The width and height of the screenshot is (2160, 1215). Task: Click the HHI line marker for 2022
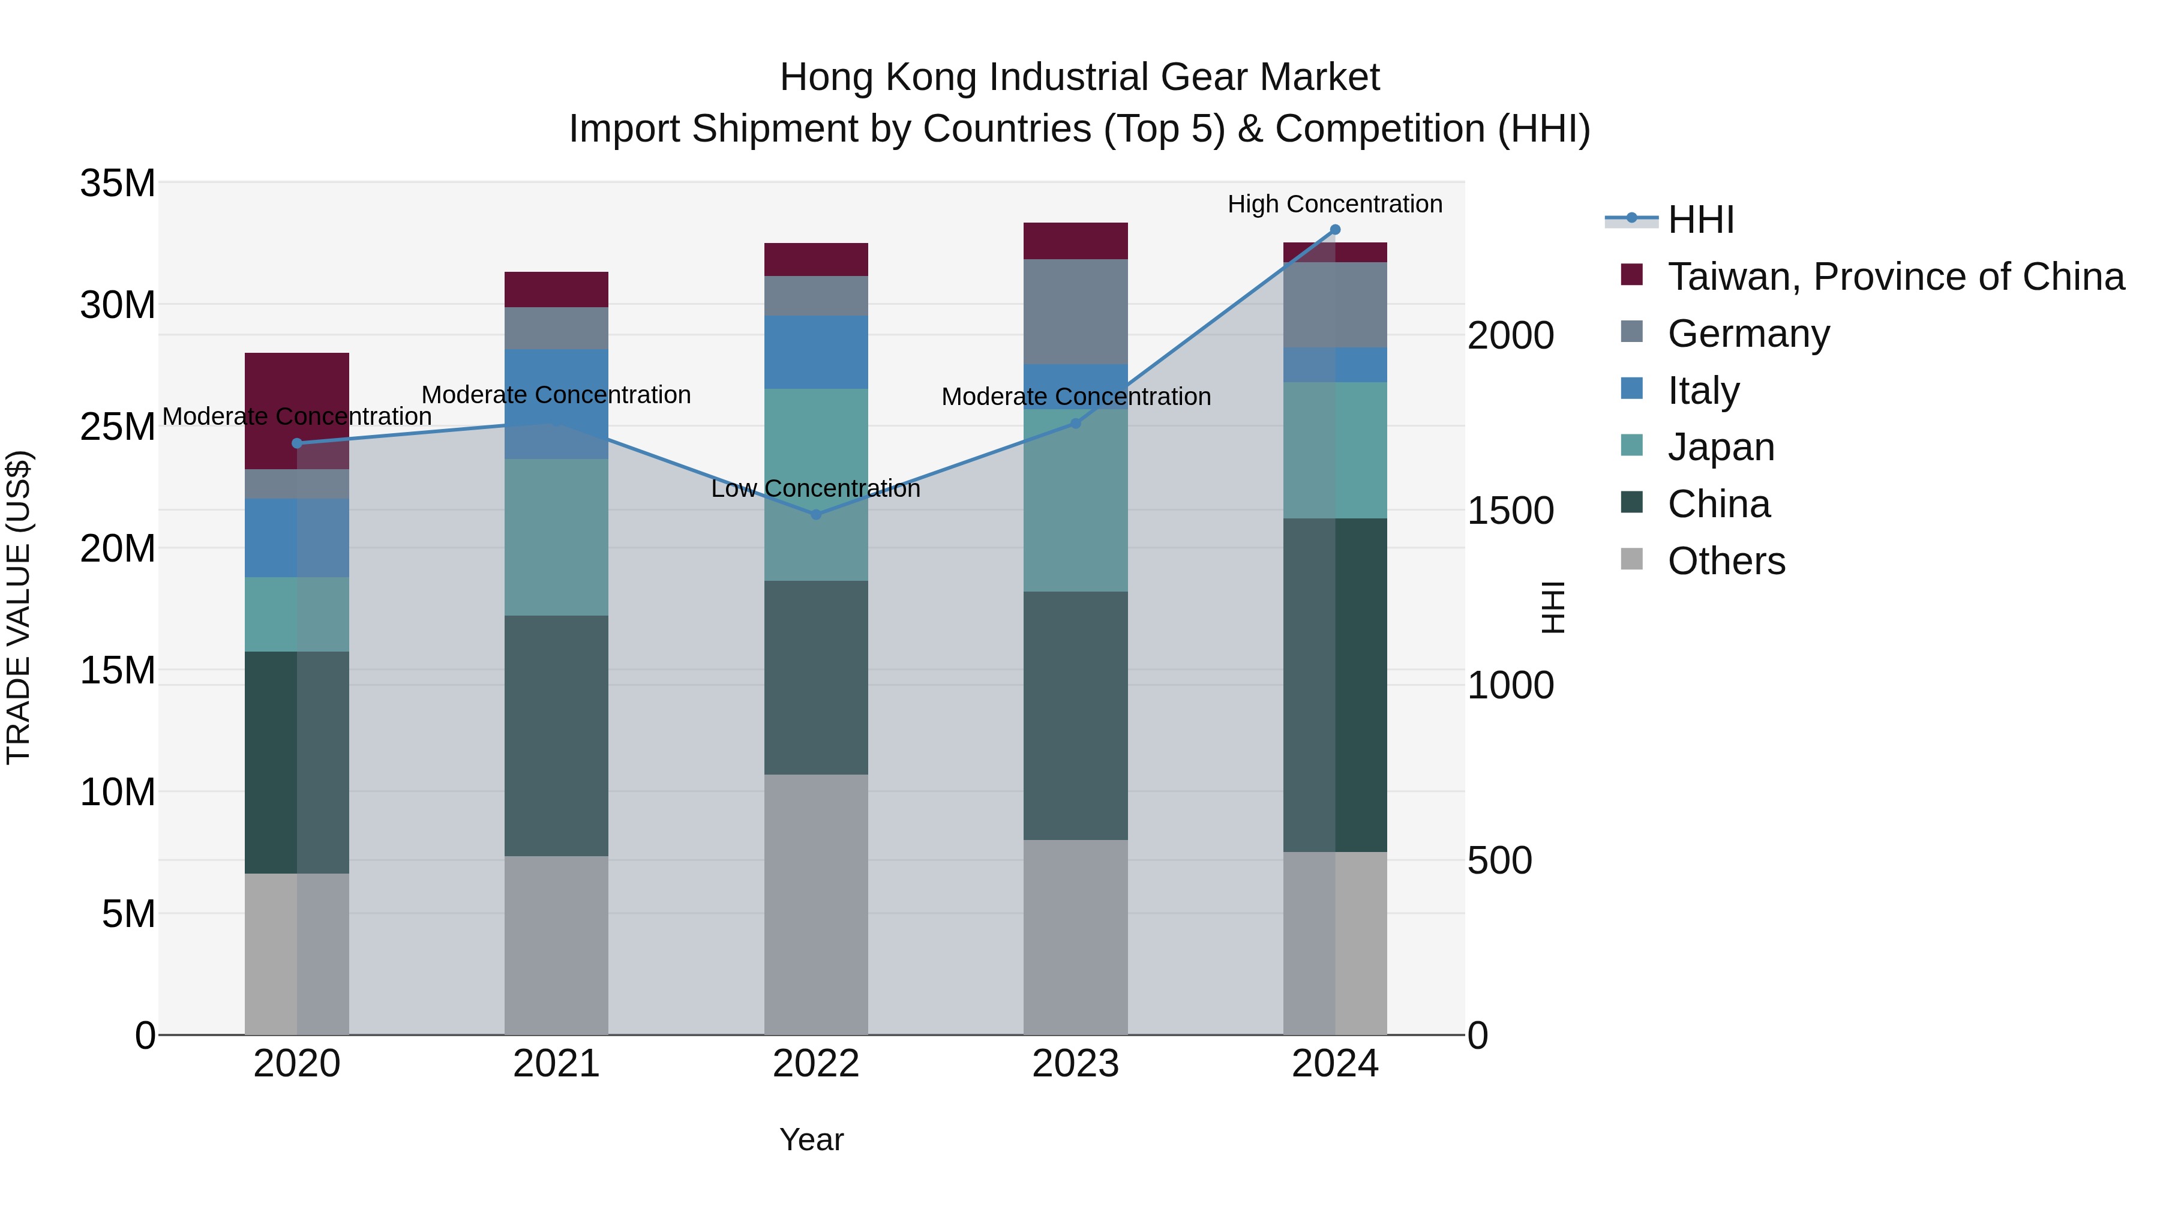point(816,514)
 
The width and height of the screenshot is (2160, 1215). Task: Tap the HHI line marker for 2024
point(1335,230)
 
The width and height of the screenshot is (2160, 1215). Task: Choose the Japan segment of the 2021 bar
point(556,536)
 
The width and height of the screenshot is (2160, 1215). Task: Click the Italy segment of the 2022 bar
point(816,352)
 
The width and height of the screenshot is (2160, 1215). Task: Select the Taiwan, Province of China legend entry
point(1895,277)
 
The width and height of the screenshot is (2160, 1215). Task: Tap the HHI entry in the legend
point(1700,220)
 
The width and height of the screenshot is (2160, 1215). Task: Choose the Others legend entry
point(1726,561)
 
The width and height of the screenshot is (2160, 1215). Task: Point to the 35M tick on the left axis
point(118,183)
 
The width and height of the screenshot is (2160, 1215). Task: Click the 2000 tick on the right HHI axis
point(1510,335)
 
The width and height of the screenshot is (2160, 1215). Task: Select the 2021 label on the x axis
point(556,1064)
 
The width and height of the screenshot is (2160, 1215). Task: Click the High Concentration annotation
point(1335,204)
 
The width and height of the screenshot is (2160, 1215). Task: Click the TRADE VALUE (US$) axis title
point(19,607)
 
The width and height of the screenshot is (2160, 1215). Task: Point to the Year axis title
point(811,1139)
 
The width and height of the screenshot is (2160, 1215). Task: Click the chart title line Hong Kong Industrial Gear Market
point(1079,77)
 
